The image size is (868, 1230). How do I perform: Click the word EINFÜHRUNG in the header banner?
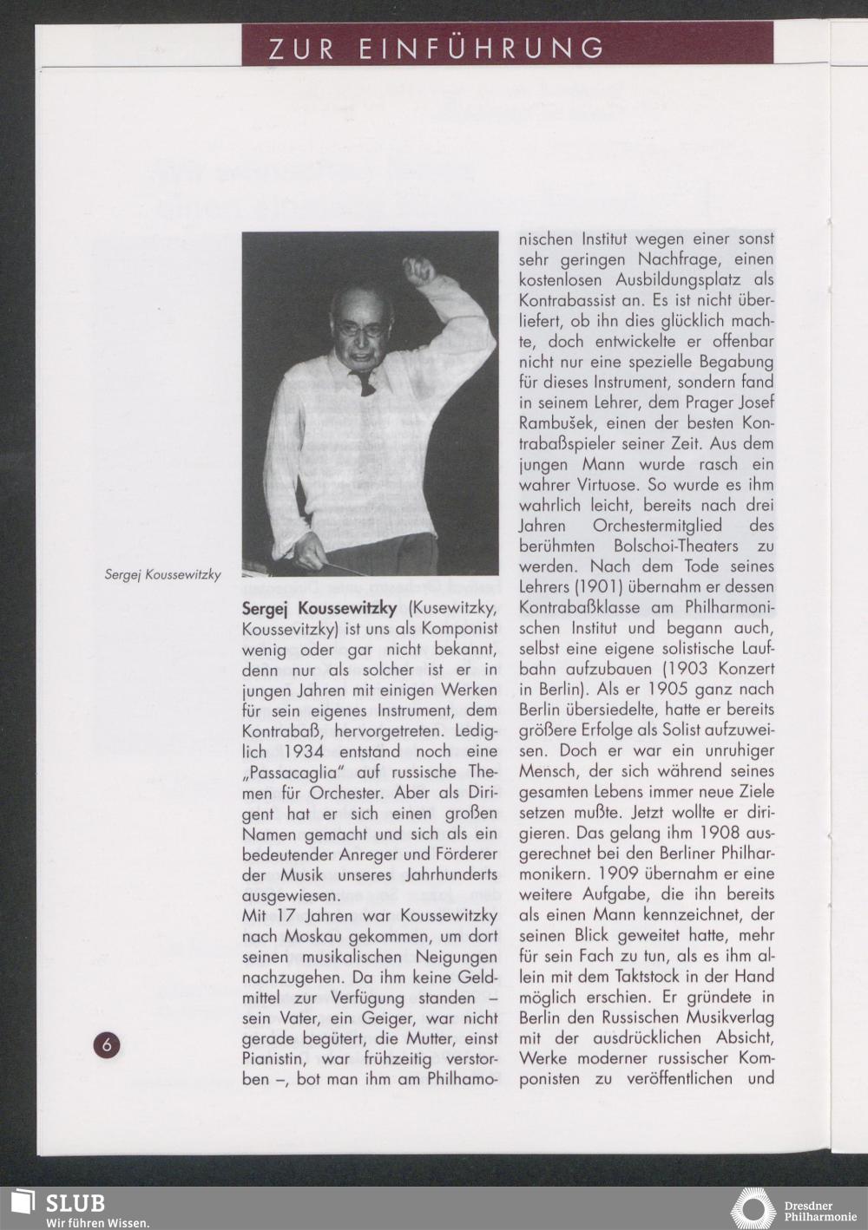(482, 49)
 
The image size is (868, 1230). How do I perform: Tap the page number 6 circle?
(107, 1044)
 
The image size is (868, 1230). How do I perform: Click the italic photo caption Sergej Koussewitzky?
(162, 574)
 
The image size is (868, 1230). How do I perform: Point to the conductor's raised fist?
(418, 271)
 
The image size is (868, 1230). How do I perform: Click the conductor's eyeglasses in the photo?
(362, 330)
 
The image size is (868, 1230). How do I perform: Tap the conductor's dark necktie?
(365, 383)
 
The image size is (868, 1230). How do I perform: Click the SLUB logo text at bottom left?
(75, 1203)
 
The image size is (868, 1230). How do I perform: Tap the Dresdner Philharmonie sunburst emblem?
(753, 1207)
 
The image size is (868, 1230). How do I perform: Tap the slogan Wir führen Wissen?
(97, 1223)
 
